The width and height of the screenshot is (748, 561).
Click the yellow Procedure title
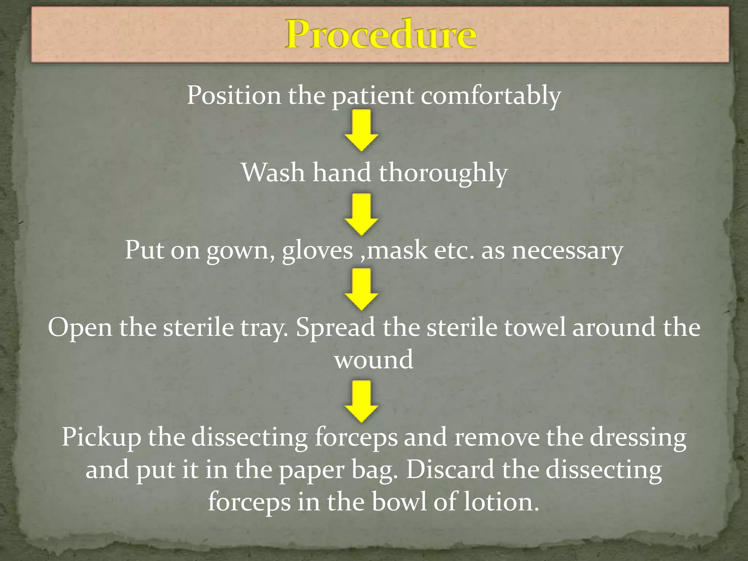click(381, 35)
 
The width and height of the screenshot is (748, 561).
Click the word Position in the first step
click(234, 95)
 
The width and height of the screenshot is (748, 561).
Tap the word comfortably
click(491, 96)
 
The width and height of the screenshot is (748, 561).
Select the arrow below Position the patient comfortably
click(361, 131)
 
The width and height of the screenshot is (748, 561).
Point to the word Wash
click(272, 172)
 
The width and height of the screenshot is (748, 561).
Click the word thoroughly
click(443, 173)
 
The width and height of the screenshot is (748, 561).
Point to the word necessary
click(567, 251)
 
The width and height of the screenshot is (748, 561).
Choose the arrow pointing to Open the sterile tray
click(361, 289)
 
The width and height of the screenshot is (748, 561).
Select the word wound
click(374, 360)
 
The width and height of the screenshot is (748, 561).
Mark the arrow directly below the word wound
click(361, 401)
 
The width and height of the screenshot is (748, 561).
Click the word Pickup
click(101, 437)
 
